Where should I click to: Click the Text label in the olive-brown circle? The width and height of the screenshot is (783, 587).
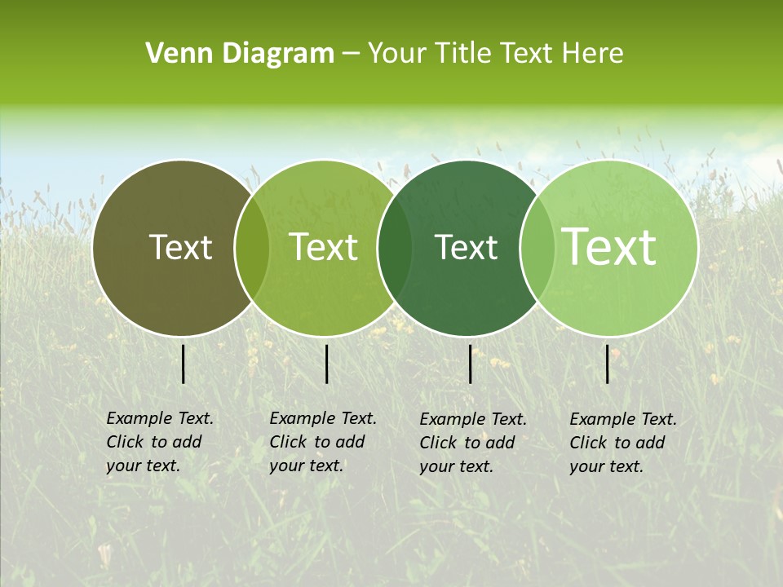[181, 247]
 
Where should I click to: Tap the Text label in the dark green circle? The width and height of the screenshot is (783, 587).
[467, 247]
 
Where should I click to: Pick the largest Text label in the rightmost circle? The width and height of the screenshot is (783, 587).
[609, 246]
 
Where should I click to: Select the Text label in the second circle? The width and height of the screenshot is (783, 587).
[324, 247]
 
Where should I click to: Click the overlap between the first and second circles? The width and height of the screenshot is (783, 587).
[252, 248]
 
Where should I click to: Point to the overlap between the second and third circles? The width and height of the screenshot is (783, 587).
[395, 248]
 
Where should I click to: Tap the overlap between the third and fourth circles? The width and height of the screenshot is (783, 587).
[537, 248]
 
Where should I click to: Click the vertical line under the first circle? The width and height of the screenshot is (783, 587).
[184, 364]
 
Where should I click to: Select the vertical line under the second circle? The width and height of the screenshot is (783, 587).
[326, 364]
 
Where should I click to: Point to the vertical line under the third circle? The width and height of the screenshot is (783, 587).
[471, 364]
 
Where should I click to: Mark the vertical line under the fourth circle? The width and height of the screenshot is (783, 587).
[608, 364]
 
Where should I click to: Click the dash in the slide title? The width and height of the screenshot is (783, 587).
[351, 55]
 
